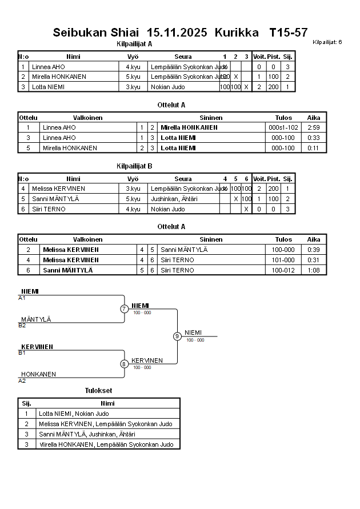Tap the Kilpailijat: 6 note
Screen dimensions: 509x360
click(x=327, y=42)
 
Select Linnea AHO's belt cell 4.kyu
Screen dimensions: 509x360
click(x=133, y=67)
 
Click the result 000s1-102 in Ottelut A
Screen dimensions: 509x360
click(x=283, y=127)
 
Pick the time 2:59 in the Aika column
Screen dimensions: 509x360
click(x=314, y=127)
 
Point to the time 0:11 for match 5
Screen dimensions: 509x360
click(x=314, y=148)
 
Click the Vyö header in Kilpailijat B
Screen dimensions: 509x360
click(x=133, y=179)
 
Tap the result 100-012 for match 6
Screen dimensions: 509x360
click(x=283, y=270)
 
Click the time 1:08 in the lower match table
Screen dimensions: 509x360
click(x=314, y=270)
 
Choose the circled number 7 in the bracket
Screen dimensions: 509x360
click(x=124, y=309)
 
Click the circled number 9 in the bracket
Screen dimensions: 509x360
click(x=177, y=336)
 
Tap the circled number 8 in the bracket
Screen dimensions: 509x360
click(x=124, y=364)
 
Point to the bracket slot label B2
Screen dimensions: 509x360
click(x=22, y=326)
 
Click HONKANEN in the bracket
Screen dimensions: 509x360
click(x=39, y=374)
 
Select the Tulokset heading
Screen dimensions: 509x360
click(x=98, y=391)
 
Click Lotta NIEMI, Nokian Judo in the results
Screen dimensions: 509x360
click(x=74, y=414)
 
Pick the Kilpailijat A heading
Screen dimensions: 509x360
click(x=134, y=43)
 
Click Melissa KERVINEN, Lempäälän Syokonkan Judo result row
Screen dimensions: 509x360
click(x=106, y=424)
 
